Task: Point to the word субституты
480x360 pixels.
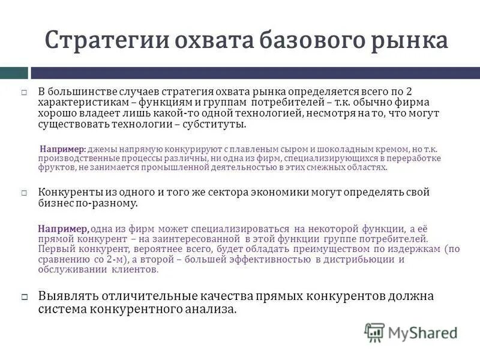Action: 215,124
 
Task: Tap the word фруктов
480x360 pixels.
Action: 57,168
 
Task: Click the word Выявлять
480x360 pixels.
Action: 67,296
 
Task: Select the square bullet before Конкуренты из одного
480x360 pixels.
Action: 25,193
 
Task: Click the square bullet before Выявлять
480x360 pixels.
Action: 25,297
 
